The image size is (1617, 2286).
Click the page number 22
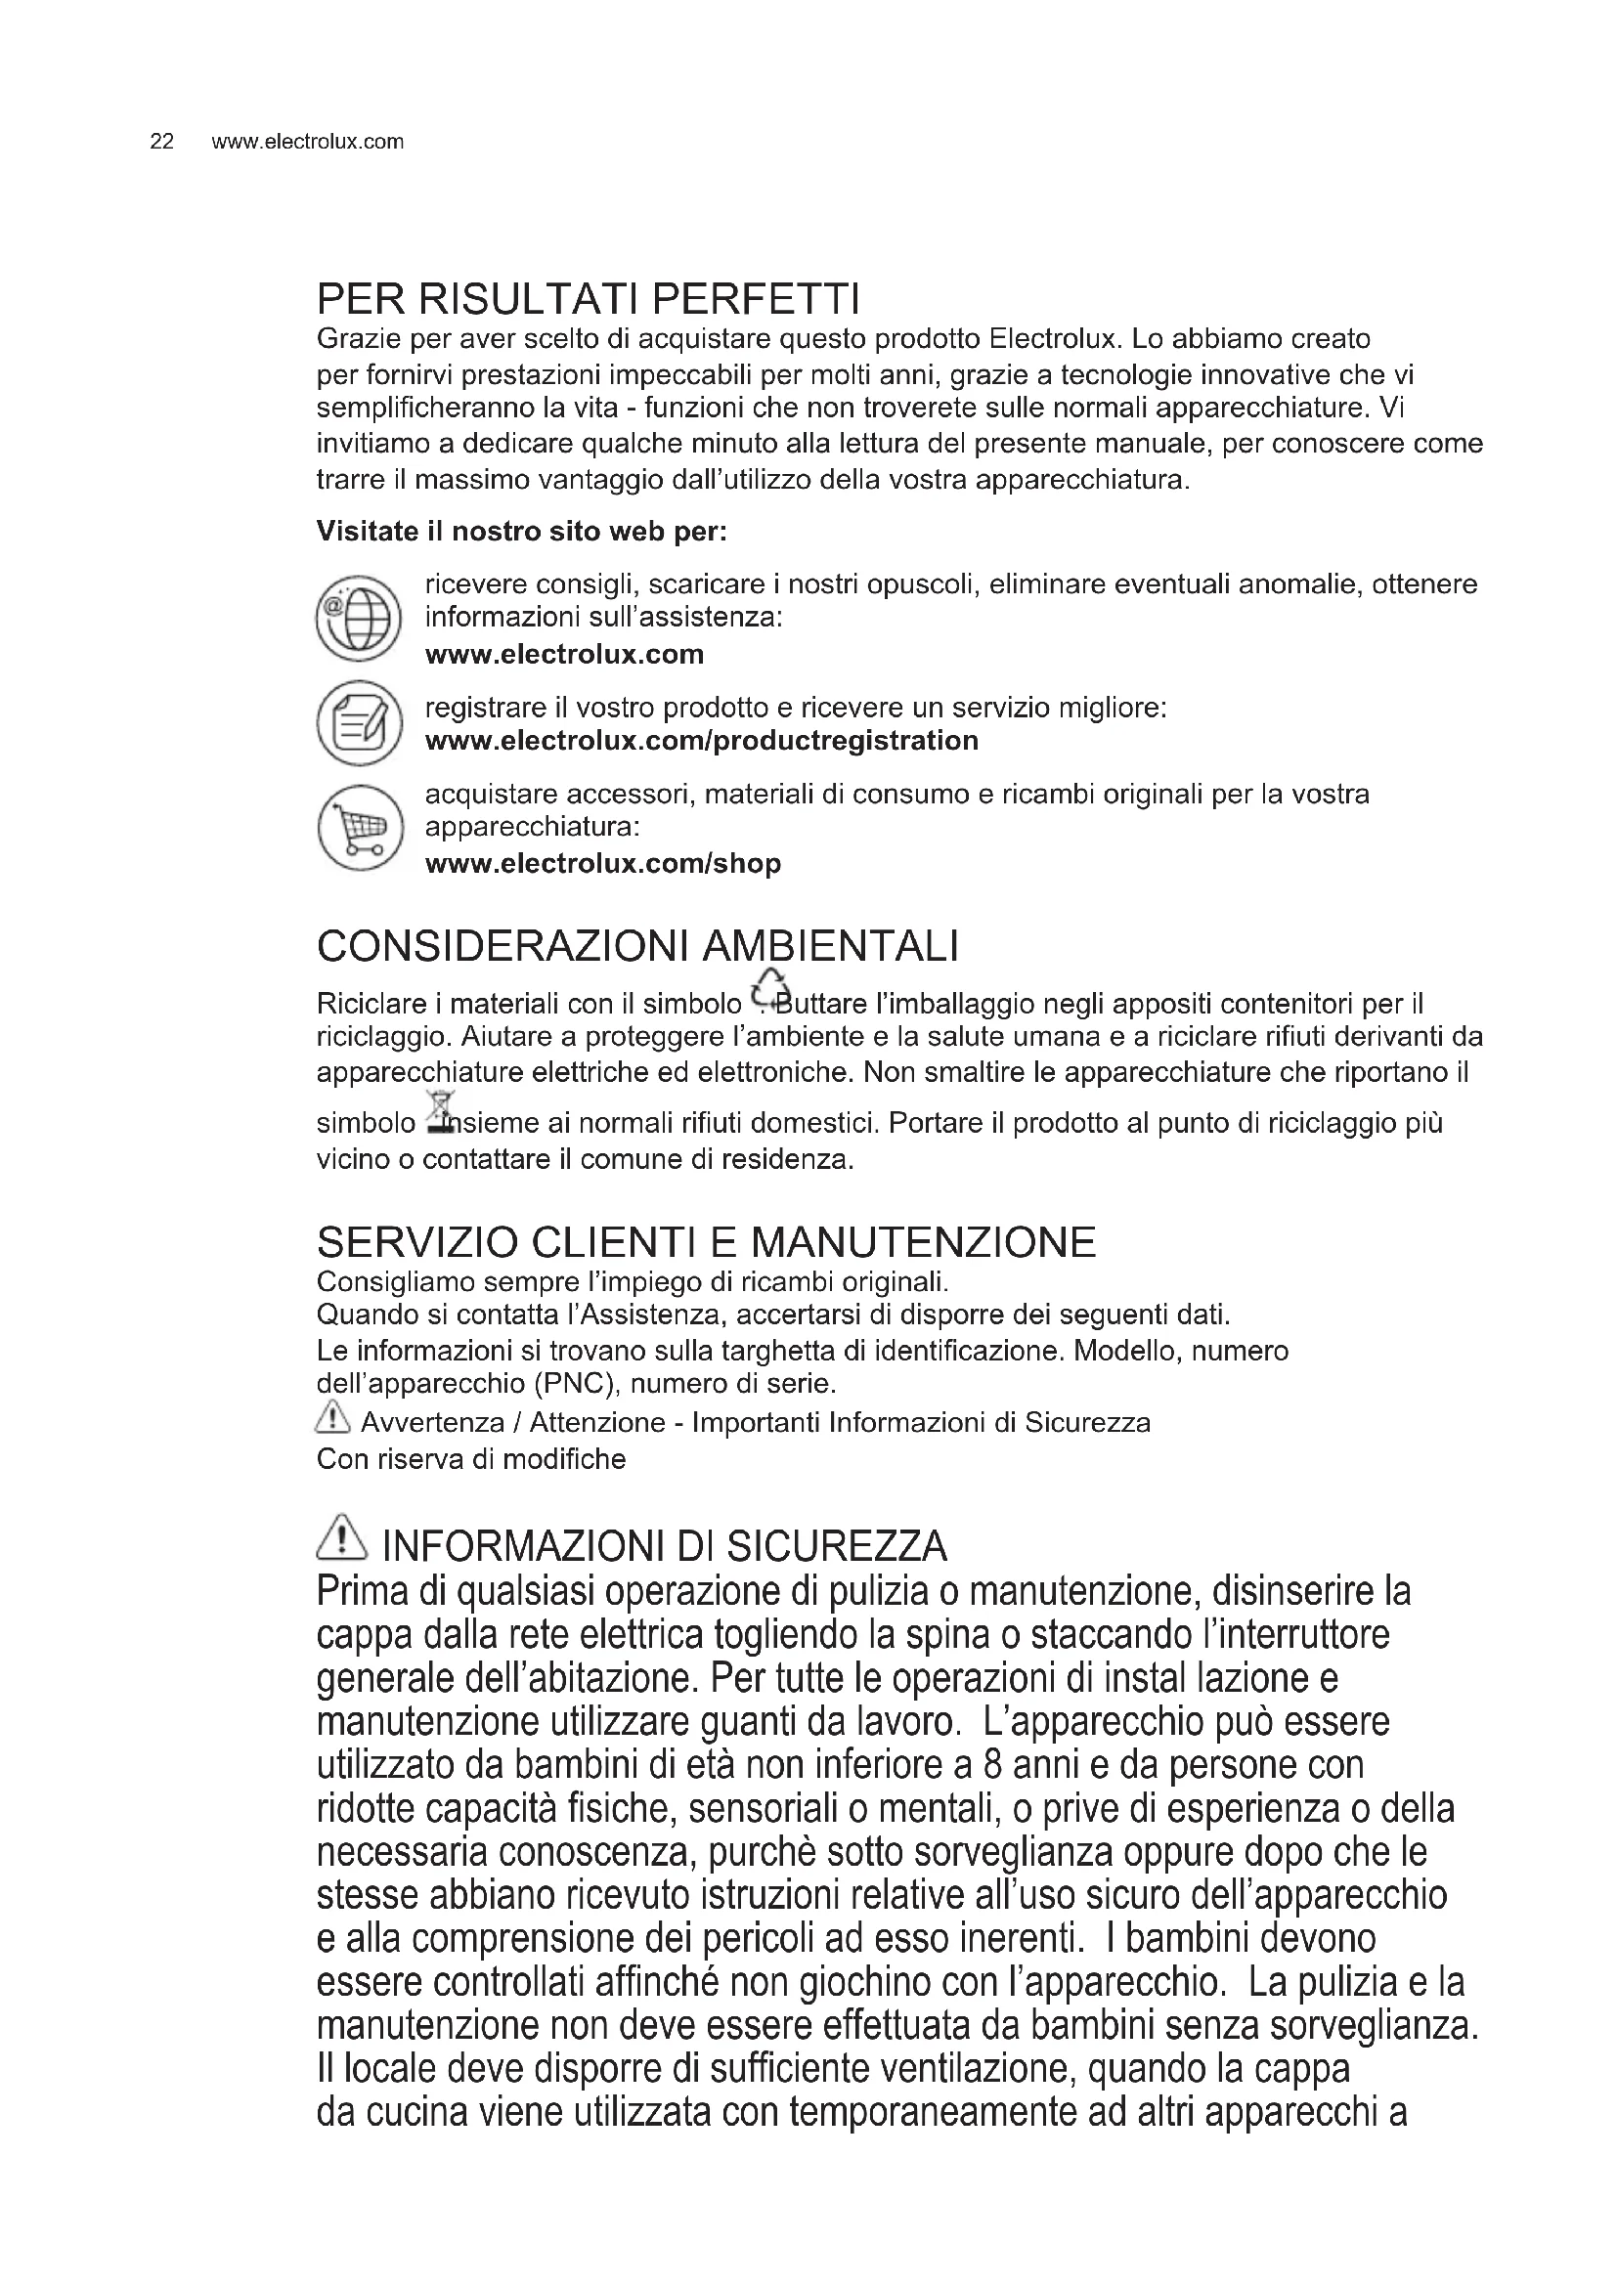point(161,142)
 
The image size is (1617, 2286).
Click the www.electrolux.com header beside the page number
point(308,142)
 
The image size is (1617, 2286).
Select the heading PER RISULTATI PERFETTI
point(588,298)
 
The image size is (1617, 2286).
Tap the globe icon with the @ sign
point(358,619)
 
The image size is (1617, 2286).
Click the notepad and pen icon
point(358,723)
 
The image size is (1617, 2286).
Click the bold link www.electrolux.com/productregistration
point(701,741)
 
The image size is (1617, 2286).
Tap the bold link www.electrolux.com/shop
point(602,863)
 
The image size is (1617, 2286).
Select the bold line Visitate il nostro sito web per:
point(522,532)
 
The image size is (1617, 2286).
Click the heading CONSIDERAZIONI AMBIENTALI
point(637,946)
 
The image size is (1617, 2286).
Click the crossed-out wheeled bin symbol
point(439,1113)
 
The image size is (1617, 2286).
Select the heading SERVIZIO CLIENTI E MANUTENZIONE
point(706,1242)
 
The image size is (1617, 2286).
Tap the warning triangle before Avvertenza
point(332,1416)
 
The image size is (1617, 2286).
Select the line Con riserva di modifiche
point(471,1459)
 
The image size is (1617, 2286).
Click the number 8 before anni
point(991,1765)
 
